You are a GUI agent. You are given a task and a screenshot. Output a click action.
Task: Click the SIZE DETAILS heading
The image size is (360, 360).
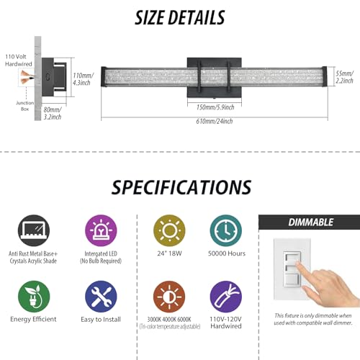tap(180, 18)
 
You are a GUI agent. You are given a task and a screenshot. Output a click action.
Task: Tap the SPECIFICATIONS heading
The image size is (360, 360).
tap(181, 187)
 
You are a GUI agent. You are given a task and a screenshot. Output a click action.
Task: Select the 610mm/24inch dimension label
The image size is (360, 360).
tap(215, 121)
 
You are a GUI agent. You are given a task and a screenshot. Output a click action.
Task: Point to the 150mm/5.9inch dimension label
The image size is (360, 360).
tap(215, 107)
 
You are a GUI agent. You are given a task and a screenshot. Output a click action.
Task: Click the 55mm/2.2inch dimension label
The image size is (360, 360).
tap(344, 77)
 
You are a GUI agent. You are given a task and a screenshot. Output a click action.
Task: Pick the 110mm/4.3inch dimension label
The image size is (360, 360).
tap(83, 79)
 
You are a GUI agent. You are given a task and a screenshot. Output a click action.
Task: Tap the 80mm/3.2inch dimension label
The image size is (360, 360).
tap(53, 113)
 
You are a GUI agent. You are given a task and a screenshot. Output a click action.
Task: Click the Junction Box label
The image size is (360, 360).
tap(25, 106)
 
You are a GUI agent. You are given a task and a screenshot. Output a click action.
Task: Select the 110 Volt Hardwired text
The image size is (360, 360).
tap(19, 60)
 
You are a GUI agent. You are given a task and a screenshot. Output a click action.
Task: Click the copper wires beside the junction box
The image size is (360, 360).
tap(27, 76)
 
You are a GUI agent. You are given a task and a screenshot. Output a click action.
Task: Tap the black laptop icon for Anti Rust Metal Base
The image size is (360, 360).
tap(34, 230)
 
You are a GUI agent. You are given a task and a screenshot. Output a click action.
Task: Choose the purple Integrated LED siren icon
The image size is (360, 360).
tap(101, 230)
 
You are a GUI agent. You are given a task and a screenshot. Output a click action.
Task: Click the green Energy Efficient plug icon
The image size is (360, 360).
tap(34, 297)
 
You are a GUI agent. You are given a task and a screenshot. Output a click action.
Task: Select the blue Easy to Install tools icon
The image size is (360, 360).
tap(101, 297)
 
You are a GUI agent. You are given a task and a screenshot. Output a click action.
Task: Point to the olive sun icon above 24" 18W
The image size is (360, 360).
tap(169, 230)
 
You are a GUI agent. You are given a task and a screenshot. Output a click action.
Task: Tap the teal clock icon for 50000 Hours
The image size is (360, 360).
tap(226, 230)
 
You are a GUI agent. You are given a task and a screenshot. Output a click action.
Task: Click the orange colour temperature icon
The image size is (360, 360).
tap(169, 297)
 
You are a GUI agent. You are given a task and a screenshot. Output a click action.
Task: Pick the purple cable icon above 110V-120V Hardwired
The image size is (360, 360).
tap(226, 297)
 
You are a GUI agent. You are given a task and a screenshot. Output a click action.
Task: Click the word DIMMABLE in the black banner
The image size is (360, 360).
tap(311, 222)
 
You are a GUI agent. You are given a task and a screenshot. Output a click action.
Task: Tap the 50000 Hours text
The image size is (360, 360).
tap(227, 253)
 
